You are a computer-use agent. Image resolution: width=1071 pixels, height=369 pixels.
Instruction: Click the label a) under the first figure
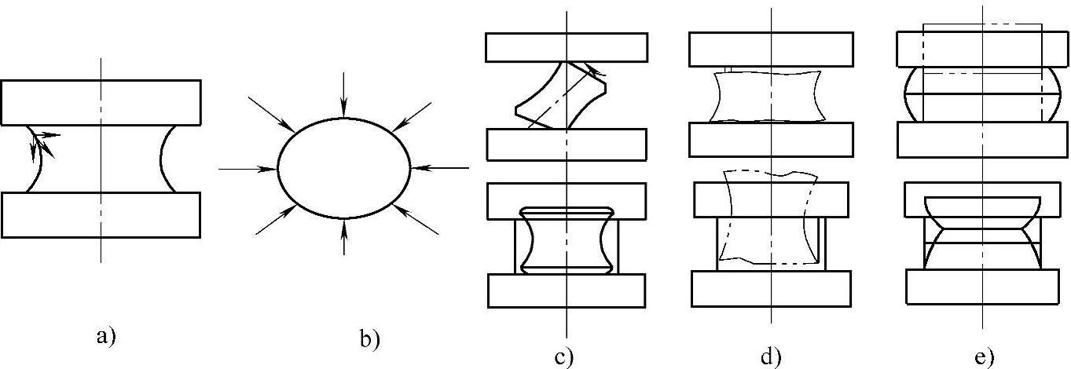coord(105,338)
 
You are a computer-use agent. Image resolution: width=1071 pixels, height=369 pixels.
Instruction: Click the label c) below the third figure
coord(563,357)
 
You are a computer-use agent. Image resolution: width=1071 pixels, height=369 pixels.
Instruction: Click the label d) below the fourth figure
coord(770,357)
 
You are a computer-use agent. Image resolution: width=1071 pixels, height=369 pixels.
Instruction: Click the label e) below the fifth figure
coord(984,357)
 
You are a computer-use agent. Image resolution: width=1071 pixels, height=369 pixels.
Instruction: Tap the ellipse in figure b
coord(343,169)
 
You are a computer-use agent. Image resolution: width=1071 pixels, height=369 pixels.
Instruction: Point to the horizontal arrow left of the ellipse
coord(248,168)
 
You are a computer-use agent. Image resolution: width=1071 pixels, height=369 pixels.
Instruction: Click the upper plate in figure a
coord(101,102)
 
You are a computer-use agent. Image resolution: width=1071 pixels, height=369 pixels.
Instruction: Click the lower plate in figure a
coord(101,214)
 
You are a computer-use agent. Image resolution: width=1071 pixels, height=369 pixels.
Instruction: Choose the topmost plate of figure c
coord(566,47)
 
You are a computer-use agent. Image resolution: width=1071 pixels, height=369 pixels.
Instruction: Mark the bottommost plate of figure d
coord(771,288)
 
